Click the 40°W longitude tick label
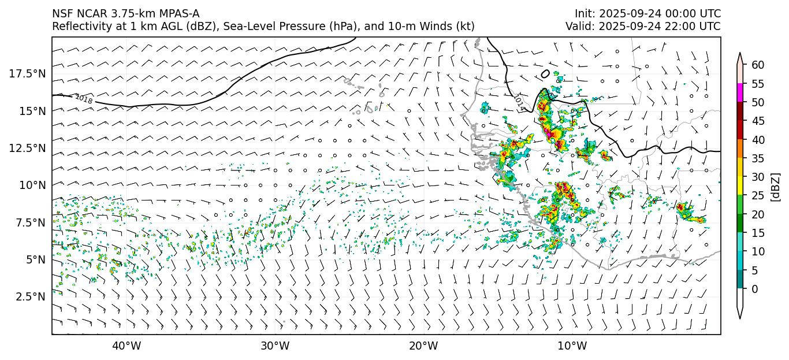point(126,346)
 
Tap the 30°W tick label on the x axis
point(275,346)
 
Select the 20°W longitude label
point(423,346)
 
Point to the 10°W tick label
point(572,346)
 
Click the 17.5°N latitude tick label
point(28,73)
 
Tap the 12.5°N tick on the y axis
point(28,148)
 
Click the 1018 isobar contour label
point(84,99)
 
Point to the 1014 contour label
point(519,102)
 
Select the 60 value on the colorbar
point(757,65)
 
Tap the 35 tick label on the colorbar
point(757,158)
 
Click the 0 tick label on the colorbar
point(754,289)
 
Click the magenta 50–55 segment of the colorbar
point(740,93)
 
